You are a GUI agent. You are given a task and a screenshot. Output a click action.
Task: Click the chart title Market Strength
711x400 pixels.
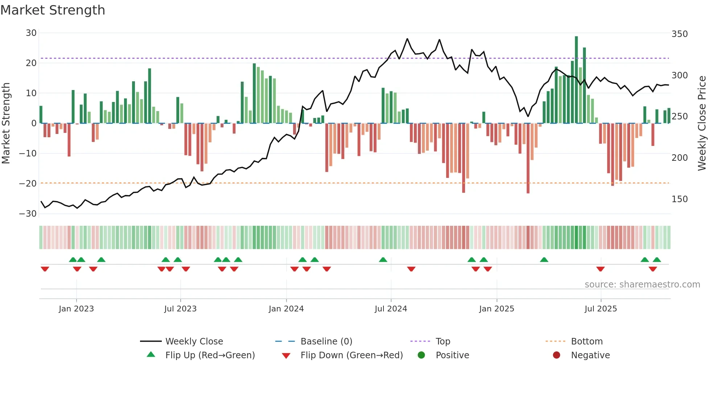(x=53, y=10)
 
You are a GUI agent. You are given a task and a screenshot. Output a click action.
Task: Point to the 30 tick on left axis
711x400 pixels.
(x=31, y=33)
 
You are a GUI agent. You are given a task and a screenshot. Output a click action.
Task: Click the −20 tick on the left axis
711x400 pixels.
(x=28, y=184)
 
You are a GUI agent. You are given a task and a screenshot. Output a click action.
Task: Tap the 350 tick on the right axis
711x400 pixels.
(x=679, y=34)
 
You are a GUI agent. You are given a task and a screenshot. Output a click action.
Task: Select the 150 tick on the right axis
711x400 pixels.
(x=679, y=199)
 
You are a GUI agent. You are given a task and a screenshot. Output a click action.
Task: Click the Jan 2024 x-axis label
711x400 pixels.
(x=286, y=309)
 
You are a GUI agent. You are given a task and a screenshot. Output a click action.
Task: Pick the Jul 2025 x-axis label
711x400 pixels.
(x=600, y=309)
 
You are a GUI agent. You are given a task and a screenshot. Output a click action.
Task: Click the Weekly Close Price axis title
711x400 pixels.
(x=702, y=123)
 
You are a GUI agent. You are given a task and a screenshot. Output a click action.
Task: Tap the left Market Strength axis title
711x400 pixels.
(x=6, y=123)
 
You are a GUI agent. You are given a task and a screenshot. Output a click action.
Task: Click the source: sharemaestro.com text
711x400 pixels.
(x=642, y=285)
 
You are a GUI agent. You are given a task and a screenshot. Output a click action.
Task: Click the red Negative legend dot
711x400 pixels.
(x=556, y=355)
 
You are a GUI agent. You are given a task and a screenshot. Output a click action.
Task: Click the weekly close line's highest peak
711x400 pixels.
(x=407, y=39)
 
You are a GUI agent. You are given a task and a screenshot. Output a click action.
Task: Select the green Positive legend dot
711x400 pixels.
(x=421, y=355)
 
